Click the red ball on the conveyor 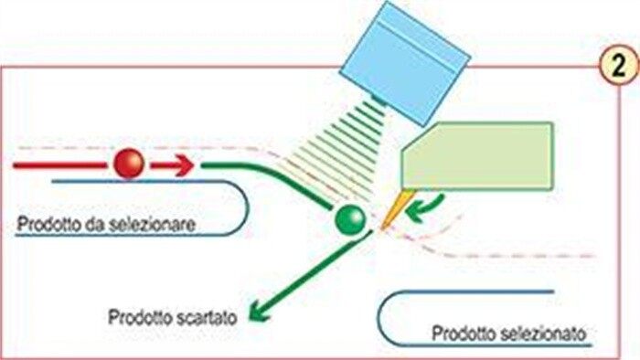tap(129, 164)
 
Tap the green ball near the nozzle tap(350, 219)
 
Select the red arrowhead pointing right tap(184, 165)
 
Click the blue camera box tap(405, 62)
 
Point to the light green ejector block tap(477, 156)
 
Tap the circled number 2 tap(619, 66)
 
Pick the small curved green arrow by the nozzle tap(426, 208)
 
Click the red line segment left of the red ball tap(60, 165)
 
